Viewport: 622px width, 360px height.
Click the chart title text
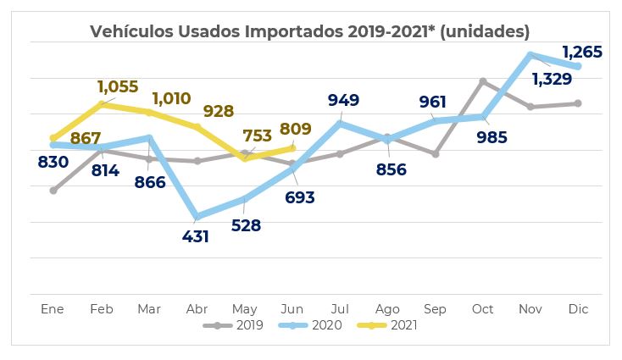point(310,31)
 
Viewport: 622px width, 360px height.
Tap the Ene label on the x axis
point(53,308)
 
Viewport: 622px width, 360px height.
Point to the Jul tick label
point(340,308)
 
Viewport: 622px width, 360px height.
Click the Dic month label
point(578,308)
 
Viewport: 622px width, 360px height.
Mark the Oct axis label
point(482,308)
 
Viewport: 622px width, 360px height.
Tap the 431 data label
point(196,236)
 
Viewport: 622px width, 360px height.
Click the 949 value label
point(343,100)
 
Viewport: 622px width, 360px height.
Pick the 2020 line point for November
point(530,55)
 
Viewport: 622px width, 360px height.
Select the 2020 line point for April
point(197,217)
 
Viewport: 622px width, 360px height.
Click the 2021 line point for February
point(101,104)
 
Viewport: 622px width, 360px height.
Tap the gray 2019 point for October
point(482,81)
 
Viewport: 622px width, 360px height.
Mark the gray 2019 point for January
point(53,191)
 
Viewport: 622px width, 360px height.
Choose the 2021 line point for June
point(292,147)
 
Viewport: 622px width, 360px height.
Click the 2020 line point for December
point(578,66)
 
